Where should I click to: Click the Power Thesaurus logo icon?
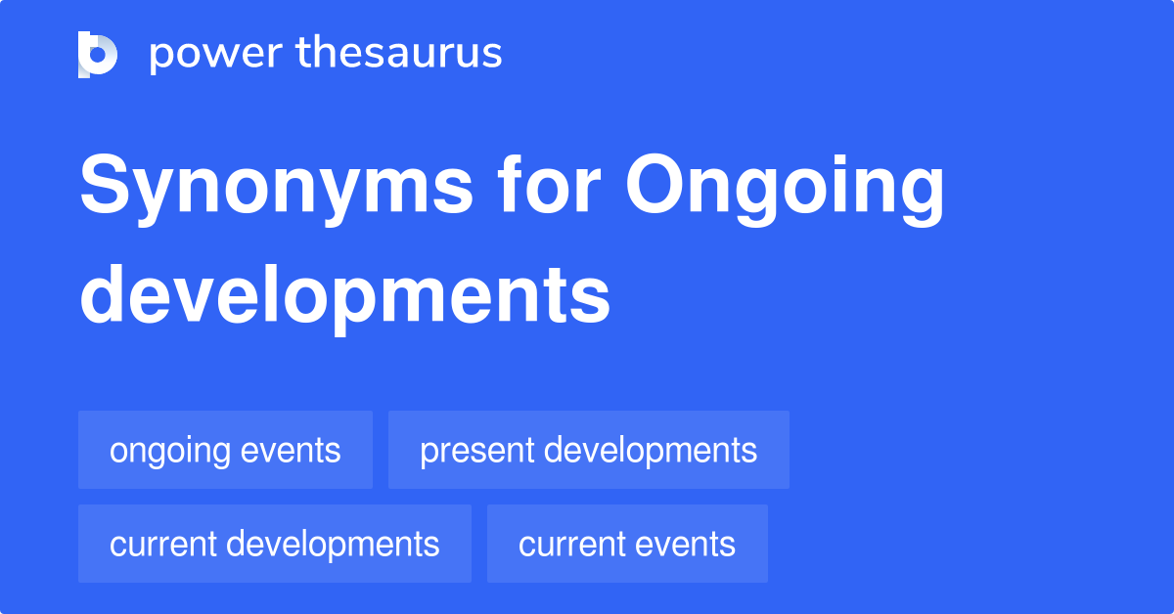tap(98, 54)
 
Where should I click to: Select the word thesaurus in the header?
tap(398, 54)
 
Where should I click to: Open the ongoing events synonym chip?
tap(225, 450)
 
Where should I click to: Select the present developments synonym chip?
tap(588, 450)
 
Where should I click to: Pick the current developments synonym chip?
tap(274, 544)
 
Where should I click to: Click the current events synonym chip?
tap(627, 544)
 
